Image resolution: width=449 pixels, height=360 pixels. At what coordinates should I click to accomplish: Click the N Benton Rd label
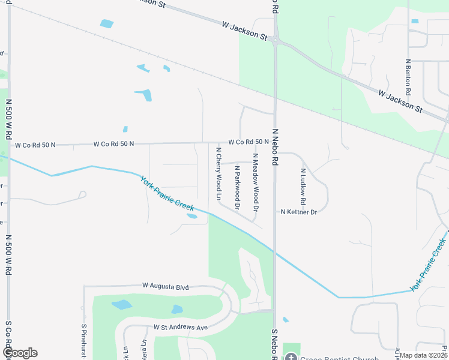point(408,77)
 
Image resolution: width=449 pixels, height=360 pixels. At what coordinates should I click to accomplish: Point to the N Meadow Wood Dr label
point(255,182)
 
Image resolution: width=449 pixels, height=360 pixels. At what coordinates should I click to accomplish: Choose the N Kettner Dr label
point(298,212)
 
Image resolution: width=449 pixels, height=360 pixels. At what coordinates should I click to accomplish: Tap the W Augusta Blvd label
point(165,287)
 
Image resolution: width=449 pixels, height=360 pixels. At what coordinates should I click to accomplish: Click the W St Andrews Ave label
point(180,328)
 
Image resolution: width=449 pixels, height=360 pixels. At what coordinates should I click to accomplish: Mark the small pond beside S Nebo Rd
point(285,320)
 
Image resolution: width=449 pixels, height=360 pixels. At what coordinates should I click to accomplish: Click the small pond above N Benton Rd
point(415,22)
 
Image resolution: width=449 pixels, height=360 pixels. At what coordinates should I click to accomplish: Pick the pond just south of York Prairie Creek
point(191,216)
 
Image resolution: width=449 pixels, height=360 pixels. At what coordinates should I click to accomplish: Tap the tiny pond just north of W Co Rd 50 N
point(125,129)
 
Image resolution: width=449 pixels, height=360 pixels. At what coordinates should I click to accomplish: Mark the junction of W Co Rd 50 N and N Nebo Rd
point(275,143)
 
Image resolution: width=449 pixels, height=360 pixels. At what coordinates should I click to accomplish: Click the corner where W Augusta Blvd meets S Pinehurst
point(85,287)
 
